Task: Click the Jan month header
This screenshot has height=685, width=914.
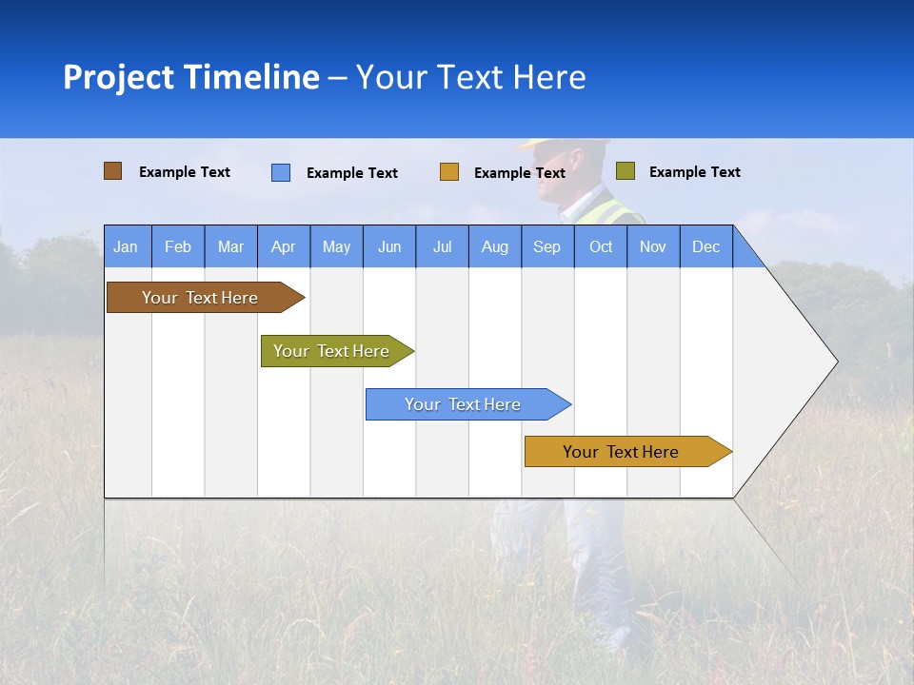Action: coord(127,246)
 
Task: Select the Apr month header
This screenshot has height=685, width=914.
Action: coord(283,246)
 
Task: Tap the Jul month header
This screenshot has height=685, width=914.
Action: coord(442,246)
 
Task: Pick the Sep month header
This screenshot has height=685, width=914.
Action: coord(546,246)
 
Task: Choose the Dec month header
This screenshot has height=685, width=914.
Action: coord(705,246)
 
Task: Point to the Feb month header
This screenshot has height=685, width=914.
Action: coord(178,246)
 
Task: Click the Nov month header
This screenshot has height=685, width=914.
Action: coord(652,246)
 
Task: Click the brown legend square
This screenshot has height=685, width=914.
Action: coord(112,171)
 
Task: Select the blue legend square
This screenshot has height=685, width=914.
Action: coord(281,172)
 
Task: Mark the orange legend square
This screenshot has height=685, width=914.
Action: coord(449,172)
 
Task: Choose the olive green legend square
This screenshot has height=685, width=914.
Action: coord(625,171)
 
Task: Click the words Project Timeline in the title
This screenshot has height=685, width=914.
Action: coord(190,77)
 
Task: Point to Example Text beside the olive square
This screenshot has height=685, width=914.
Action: coord(694,172)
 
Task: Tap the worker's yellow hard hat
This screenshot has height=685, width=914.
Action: coord(562,145)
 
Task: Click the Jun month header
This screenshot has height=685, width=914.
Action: coord(389,246)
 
